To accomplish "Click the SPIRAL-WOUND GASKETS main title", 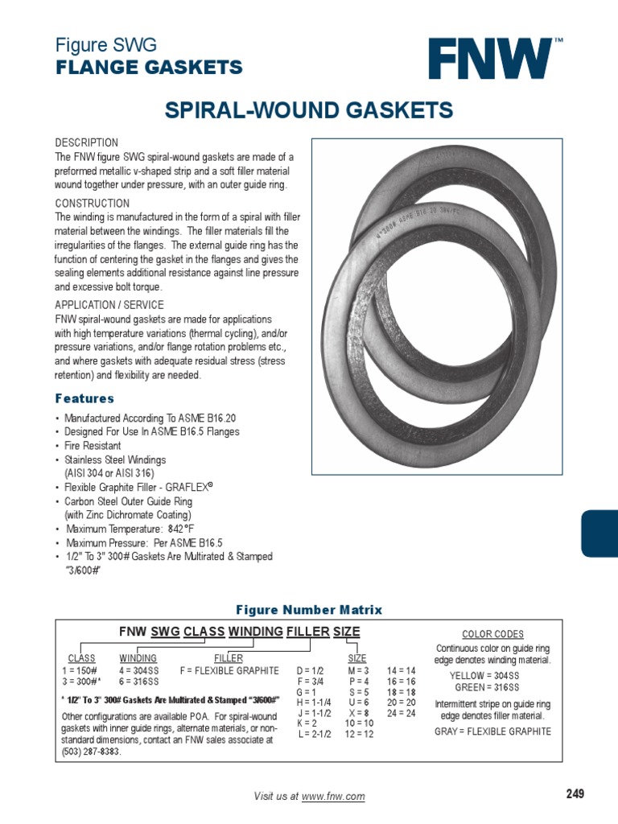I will pos(309,110).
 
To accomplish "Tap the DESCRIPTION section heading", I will pos(86,142).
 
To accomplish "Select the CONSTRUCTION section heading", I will pos(92,204).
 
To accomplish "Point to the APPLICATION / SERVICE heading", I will pos(109,305).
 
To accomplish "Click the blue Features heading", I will pos(84,398).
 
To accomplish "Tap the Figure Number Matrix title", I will pos(308,610).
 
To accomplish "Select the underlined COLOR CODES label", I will pos(492,634).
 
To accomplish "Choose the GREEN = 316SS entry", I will pos(487,687).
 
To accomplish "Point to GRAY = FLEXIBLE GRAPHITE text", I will pos(493,731).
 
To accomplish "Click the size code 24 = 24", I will pos(401,713).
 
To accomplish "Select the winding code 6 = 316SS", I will pos(138,682).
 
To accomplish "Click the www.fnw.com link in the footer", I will pos(333,797).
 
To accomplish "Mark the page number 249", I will pos(575,794).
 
